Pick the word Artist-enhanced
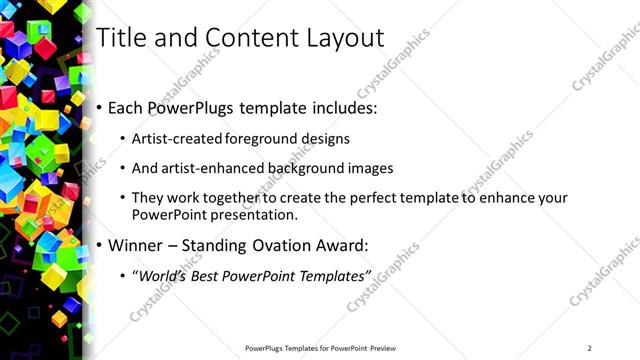tap(217, 168)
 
